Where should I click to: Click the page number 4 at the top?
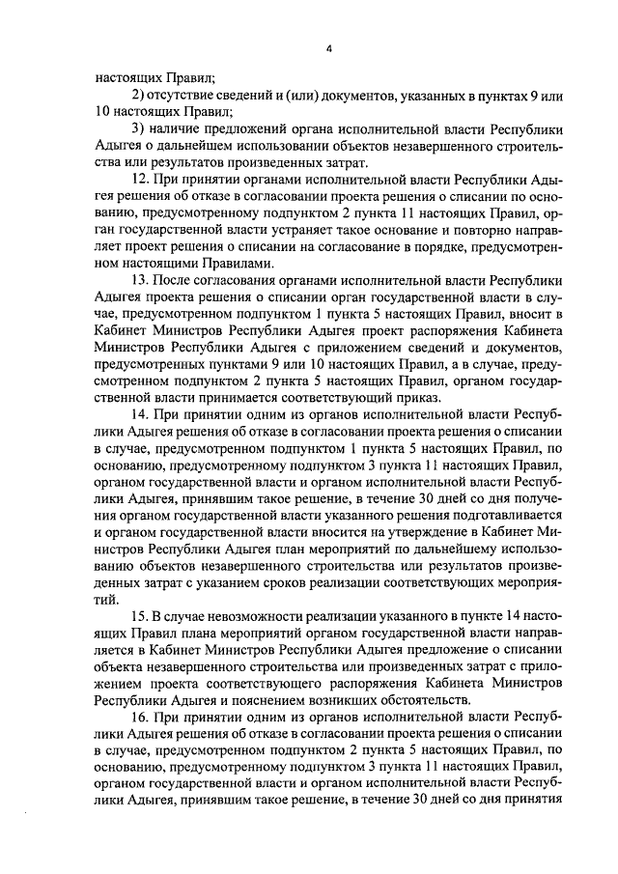[328, 47]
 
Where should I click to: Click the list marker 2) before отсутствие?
[137, 95]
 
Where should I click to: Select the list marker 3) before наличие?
[137, 129]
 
